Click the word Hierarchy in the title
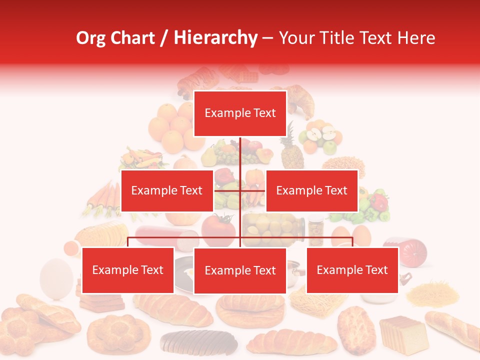tap(215, 38)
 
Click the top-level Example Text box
tap(240, 113)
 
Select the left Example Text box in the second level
tap(167, 190)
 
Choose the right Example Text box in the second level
tap(311, 190)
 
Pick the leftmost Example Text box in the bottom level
tap(128, 270)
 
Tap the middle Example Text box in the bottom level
tap(240, 270)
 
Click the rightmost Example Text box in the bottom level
tap(352, 270)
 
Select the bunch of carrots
tap(102, 198)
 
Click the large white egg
tap(56, 277)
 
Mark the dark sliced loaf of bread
tap(199, 342)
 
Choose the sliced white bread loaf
tap(403, 333)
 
